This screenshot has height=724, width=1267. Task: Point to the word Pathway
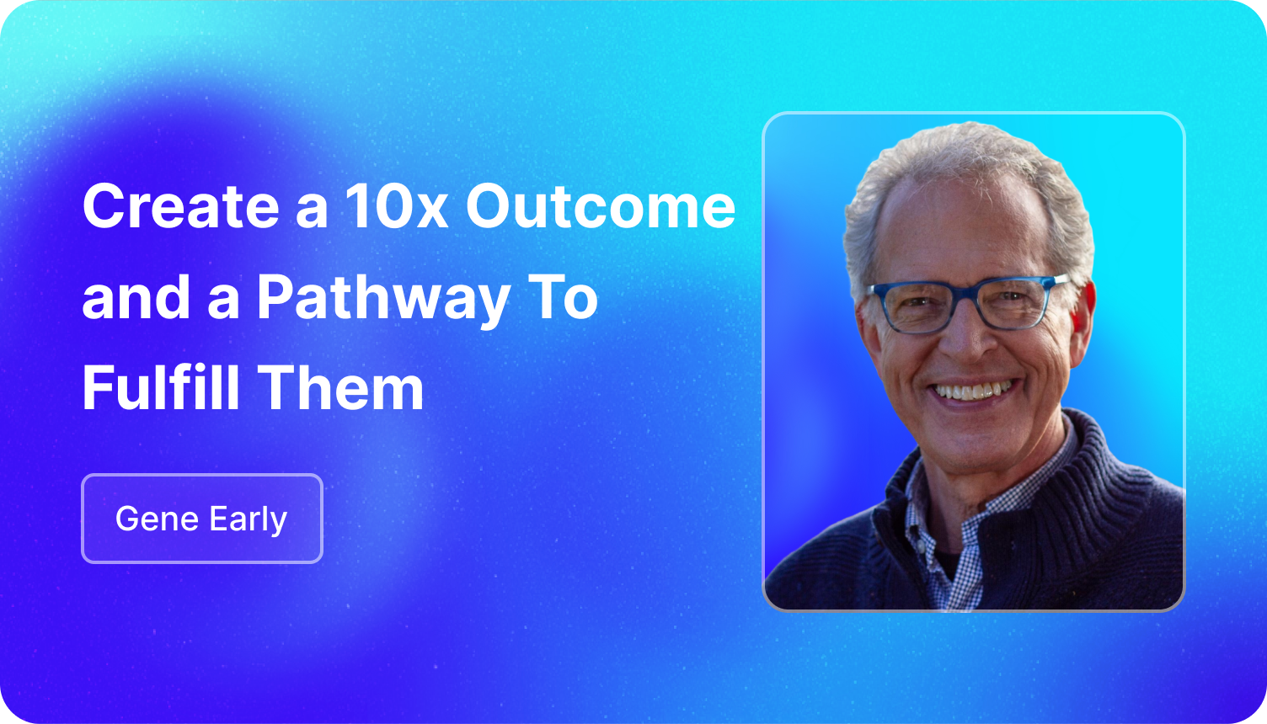384,300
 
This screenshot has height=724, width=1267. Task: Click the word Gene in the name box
157,519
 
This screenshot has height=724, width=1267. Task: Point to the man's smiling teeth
972,391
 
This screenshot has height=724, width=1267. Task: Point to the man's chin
976,446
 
